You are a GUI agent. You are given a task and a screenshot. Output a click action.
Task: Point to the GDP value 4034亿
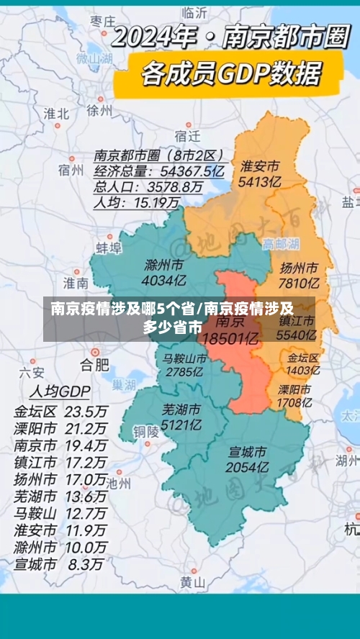pos(163,280)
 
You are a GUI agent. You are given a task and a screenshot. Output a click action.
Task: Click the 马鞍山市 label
pos(184,358)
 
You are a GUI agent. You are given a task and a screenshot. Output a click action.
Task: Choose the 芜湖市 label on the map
pos(181,410)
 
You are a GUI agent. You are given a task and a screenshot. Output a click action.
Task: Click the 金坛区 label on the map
pos(303,358)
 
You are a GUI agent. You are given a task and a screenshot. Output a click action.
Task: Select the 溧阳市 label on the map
pos(294,389)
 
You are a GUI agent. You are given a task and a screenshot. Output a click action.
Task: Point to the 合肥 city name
pos(94,362)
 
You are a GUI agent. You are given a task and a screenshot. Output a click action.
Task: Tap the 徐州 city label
pos(99,111)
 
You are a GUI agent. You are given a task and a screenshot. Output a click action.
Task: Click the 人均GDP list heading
pos(59,392)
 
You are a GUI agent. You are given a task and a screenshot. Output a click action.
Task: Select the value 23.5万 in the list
pos(86,412)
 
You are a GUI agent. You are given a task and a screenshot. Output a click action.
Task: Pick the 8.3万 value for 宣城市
pos(86,545)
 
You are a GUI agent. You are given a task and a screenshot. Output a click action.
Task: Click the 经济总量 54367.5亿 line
pos(159,171)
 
